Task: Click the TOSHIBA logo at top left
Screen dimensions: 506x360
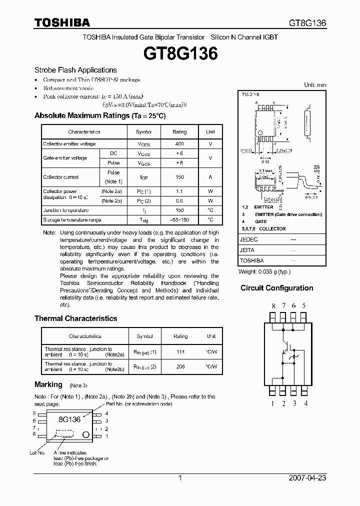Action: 62,22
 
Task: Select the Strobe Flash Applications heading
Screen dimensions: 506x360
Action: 75,70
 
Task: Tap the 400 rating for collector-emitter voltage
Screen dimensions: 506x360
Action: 179,144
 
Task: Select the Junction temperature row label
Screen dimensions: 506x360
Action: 66,210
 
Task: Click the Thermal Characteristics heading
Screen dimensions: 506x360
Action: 76,318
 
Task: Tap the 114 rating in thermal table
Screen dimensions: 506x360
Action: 180,352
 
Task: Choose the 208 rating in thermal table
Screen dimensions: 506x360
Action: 180,366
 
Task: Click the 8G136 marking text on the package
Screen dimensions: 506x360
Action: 69,419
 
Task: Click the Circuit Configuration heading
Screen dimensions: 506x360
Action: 277,288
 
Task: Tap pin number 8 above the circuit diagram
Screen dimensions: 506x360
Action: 273,305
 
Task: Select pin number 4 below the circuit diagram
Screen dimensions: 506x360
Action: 305,403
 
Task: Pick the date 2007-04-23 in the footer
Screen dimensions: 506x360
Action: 307,478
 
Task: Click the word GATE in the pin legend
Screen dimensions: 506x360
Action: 261,221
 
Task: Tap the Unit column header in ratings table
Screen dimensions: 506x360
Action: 210,132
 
